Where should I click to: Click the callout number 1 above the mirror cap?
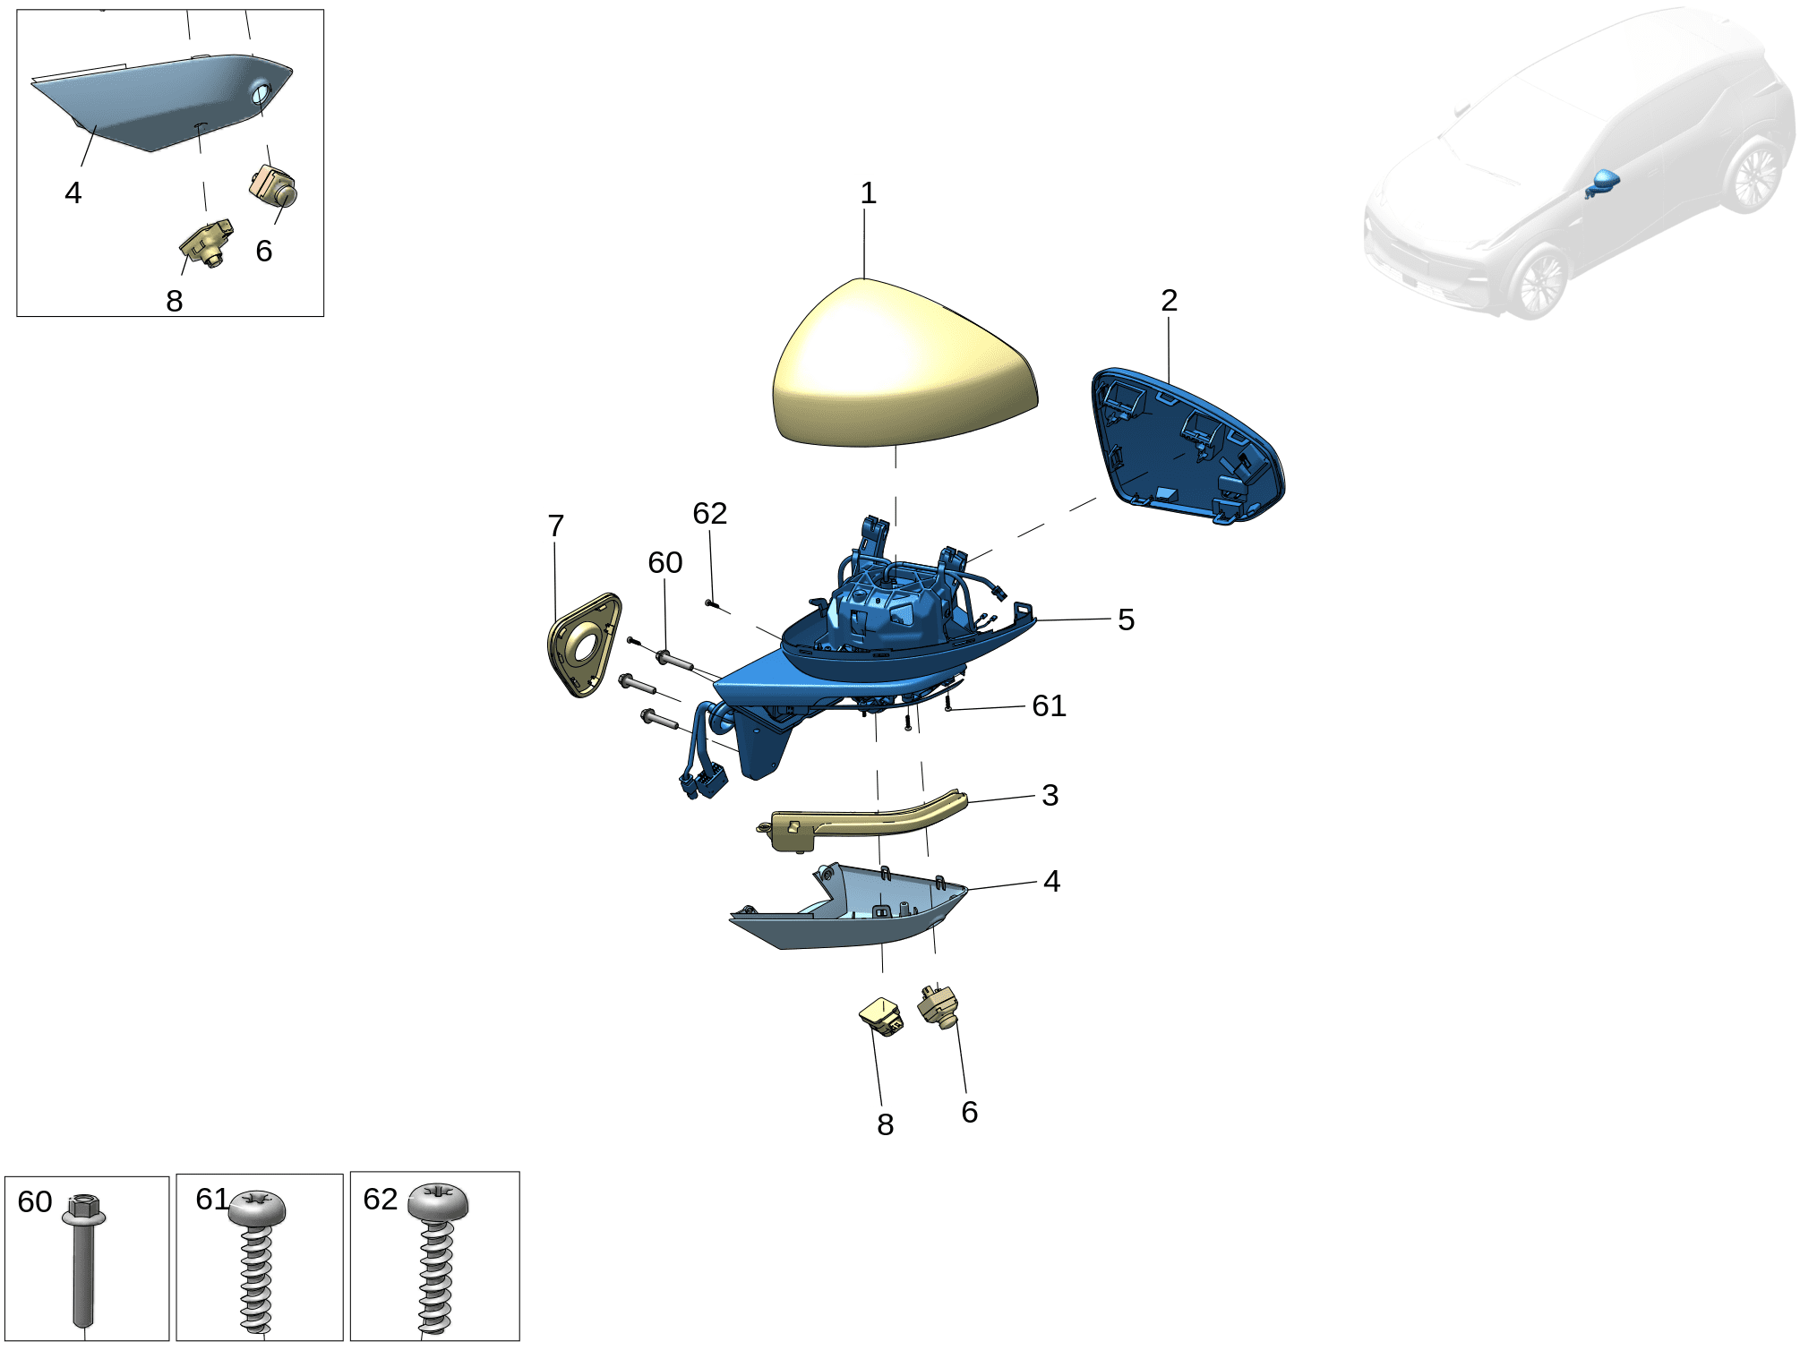click(868, 193)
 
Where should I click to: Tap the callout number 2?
click(1169, 301)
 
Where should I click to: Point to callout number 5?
click(1126, 619)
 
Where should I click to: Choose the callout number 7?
click(555, 526)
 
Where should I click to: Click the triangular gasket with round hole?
click(584, 645)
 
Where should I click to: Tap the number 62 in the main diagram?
click(709, 514)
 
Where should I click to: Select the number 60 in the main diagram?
click(665, 563)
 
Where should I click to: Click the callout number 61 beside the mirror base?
click(1049, 706)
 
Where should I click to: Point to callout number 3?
click(1050, 796)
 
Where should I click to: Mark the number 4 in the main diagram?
click(1051, 882)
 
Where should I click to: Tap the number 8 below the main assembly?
click(885, 1125)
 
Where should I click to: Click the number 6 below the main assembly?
click(969, 1113)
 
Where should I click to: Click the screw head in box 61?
click(257, 1209)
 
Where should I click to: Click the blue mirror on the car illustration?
click(1603, 182)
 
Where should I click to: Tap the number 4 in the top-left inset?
click(73, 193)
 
